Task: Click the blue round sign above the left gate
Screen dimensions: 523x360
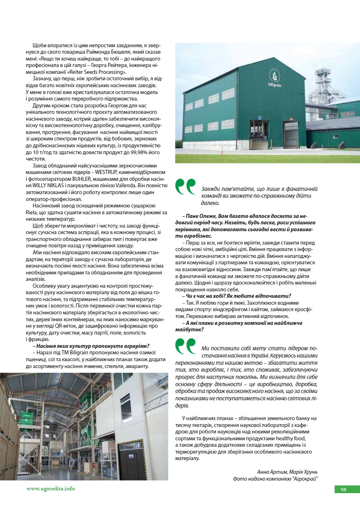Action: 260,117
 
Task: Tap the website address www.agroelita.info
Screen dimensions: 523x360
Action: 50,489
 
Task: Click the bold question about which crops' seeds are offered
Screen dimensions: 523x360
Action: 91,345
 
